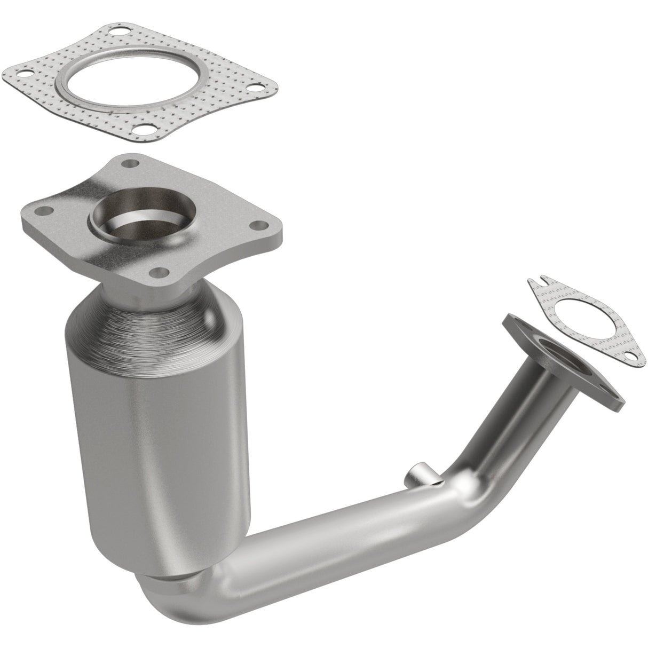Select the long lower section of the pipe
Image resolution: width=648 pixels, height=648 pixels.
pos(320,534)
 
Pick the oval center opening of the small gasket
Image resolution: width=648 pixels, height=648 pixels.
pos(579,323)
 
